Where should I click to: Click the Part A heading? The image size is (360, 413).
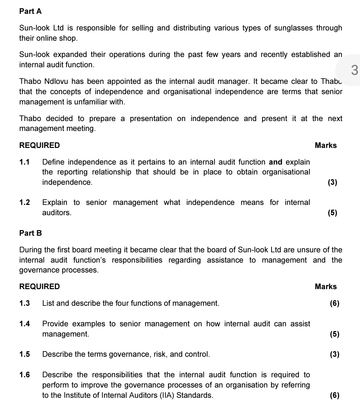click(30, 11)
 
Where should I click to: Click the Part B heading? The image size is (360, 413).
click(30, 233)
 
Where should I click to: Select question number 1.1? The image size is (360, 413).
click(24, 162)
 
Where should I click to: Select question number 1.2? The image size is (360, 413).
click(24, 202)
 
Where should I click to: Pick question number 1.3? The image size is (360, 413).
click(24, 303)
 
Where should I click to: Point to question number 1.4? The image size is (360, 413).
click(24, 324)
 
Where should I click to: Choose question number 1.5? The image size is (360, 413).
click(24, 354)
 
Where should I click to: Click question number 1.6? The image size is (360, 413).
click(24, 375)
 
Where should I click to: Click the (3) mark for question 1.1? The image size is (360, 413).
click(332, 183)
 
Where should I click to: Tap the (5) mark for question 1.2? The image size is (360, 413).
click(332, 213)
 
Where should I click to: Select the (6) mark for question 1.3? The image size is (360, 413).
click(334, 303)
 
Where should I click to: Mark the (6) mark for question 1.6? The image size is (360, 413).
click(334, 395)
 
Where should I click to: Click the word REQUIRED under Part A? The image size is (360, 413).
click(40, 145)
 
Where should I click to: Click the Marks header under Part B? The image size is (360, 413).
click(326, 286)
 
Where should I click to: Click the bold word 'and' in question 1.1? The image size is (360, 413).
click(276, 162)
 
